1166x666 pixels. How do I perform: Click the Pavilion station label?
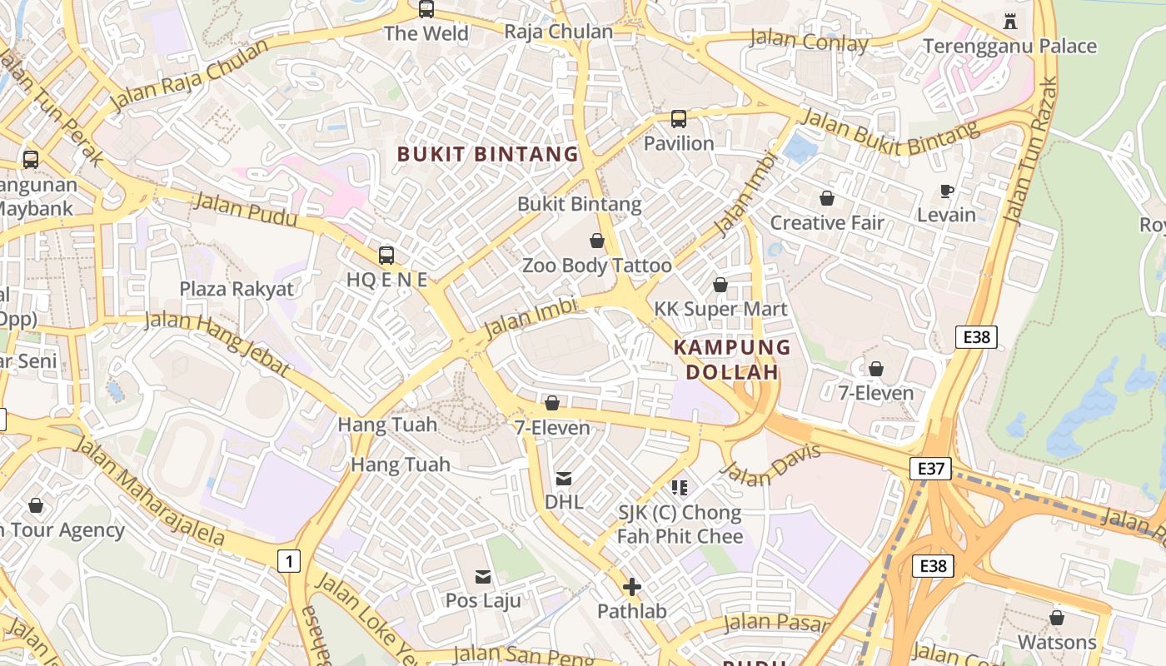[x=679, y=143]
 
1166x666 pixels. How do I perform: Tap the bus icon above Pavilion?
[x=679, y=118]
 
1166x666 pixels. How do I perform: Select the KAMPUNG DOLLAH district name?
[x=732, y=360]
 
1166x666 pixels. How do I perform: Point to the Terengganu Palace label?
[x=1009, y=46]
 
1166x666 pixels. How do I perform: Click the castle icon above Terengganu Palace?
[x=1010, y=21]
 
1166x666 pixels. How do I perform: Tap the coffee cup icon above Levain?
[x=946, y=191]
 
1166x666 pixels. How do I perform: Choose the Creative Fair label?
[x=827, y=222]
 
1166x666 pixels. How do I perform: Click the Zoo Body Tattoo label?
[x=596, y=266]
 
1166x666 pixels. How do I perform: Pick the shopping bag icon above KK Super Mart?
[x=720, y=285]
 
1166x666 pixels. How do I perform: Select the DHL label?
[x=564, y=502]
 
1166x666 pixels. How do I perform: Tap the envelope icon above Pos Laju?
[x=483, y=576]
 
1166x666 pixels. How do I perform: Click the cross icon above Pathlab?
[x=632, y=587]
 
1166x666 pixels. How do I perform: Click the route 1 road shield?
[x=288, y=561]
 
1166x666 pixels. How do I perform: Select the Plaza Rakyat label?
[x=237, y=289]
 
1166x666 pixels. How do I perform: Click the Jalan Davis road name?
[x=770, y=464]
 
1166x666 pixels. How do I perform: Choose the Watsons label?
[x=1057, y=642]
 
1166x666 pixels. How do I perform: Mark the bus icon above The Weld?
[x=426, y=9]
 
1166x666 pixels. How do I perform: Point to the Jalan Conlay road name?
[x=809, y=40]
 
